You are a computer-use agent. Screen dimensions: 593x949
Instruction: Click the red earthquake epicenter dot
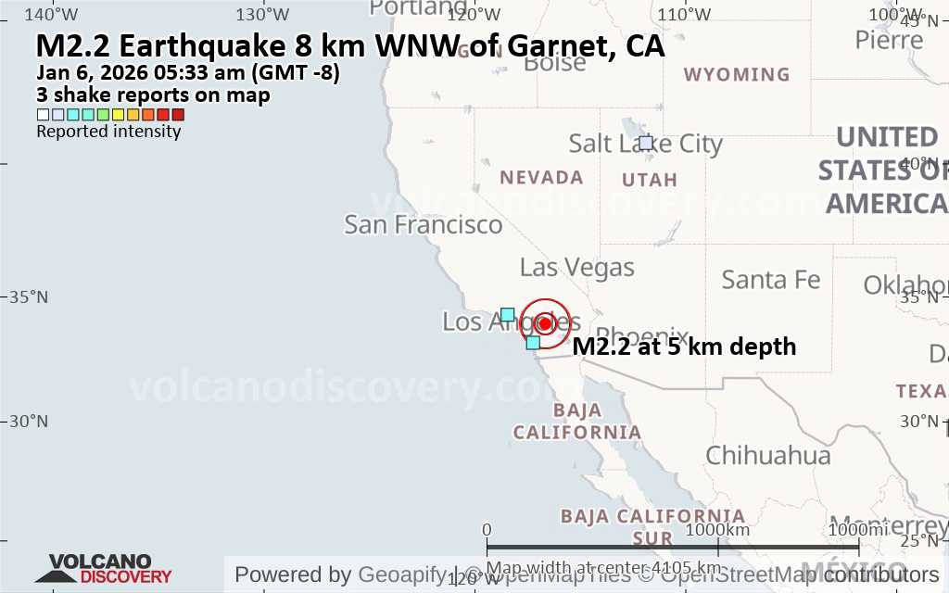point(544,322)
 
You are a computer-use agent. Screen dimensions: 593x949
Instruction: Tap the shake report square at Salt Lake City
point(646,143)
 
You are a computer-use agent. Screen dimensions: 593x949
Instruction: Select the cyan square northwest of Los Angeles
point(507,314)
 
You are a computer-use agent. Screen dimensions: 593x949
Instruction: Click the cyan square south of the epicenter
point(533,343)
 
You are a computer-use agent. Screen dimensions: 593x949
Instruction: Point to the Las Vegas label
point(576,268)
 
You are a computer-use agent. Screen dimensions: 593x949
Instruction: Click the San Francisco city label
point(423,224)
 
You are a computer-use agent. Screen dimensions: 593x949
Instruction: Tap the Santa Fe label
point(770,279)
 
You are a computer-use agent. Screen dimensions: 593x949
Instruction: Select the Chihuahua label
point(768,455)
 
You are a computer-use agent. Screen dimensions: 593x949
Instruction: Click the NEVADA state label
point(541,177)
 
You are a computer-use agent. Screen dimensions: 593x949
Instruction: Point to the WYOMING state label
point(737,74)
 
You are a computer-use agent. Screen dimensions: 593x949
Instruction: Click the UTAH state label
point(650,179)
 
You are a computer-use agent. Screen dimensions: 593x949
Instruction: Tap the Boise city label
point(554,63)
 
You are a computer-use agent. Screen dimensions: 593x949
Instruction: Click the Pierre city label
point(889,40)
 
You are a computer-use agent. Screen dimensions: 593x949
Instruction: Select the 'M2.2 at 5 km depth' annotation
point(684,347)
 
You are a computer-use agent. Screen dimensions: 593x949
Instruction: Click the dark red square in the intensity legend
point(178,115)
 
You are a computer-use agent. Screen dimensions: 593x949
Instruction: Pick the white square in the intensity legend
point(43,115)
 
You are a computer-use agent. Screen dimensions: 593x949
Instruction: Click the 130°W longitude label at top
point(263,14)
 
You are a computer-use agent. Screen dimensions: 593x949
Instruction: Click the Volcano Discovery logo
point(100,568)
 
